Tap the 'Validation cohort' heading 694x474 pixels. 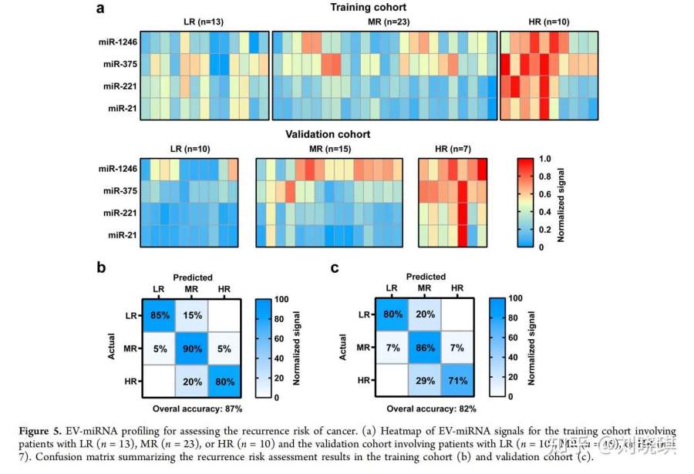click(328, 134)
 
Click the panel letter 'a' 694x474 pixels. click(100, 8)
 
